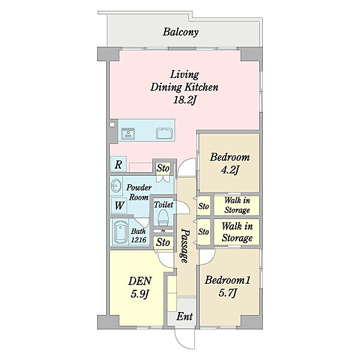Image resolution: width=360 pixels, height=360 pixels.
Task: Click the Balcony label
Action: pyautogui.click(x=181, y=32)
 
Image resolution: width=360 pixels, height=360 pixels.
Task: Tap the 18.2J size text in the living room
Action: pyautogui.click(x=185, y=100)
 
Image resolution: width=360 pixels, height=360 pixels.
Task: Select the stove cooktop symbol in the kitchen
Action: pyautogui.click(x=128, y=133)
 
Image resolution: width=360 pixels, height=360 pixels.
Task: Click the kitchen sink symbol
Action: pyautogui.click(x=164, y=134)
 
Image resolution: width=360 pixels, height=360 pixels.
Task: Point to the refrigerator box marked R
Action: pyautogui.click(x=118, y=164)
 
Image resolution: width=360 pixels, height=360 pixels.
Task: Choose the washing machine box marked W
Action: pyautogui.click(x=119, y=205)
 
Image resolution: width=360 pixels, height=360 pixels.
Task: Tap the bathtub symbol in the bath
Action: pyautogui.click(x=121, y=232)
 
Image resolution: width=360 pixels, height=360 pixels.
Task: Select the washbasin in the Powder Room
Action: pyautogui.click(x=116, y=186)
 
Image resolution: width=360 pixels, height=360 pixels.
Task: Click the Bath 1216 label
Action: pyautogui.click(x=139, y=235)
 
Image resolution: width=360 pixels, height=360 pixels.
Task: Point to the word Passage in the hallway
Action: pyautogui.click(x=185, y=245)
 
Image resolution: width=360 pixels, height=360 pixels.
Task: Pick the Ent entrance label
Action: pyautogui.click(x=185, y=317)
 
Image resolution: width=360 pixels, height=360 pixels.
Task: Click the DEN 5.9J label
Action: pyautogui.click(x=140, y=287)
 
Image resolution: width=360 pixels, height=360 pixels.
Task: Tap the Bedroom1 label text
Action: pyautogui.click(x=227, y=280)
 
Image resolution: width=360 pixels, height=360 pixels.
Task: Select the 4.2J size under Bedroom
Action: pyautogui.click(x=230, y=170)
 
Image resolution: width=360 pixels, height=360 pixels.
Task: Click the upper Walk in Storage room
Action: pyautogui.click(x=237, y=205)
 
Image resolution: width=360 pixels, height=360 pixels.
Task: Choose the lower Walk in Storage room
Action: pyautogui.click(x=237, y=232)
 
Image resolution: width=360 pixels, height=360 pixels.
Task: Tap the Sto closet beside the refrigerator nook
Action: pyautogui.click(x=163, y=168)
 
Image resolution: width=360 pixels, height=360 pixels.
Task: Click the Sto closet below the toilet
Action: pyautogui.click(x=163, y=242)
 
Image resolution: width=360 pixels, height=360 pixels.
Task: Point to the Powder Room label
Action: pyautogui.click(x=139, y=192)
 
